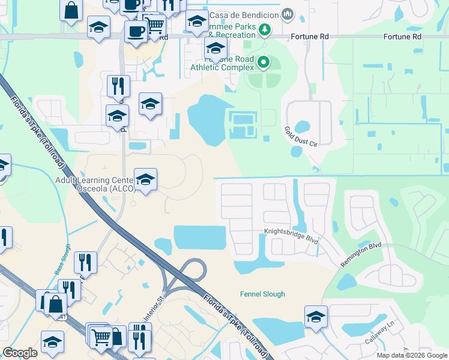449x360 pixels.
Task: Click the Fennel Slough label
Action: (x=262, y=294)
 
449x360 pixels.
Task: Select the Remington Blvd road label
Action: (x=361, y=255)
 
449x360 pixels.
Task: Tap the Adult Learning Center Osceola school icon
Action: (x=145, y=179)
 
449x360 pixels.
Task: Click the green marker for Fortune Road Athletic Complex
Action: (x=263, y=61)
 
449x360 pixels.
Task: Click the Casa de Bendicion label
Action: (x=244, y=13)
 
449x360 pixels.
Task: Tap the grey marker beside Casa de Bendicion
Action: (x=288, y=13)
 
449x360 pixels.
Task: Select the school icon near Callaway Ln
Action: (x=316, y=317)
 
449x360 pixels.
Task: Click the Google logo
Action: (x=20, y=353)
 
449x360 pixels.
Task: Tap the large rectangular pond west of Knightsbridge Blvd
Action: (x=200, y=238)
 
